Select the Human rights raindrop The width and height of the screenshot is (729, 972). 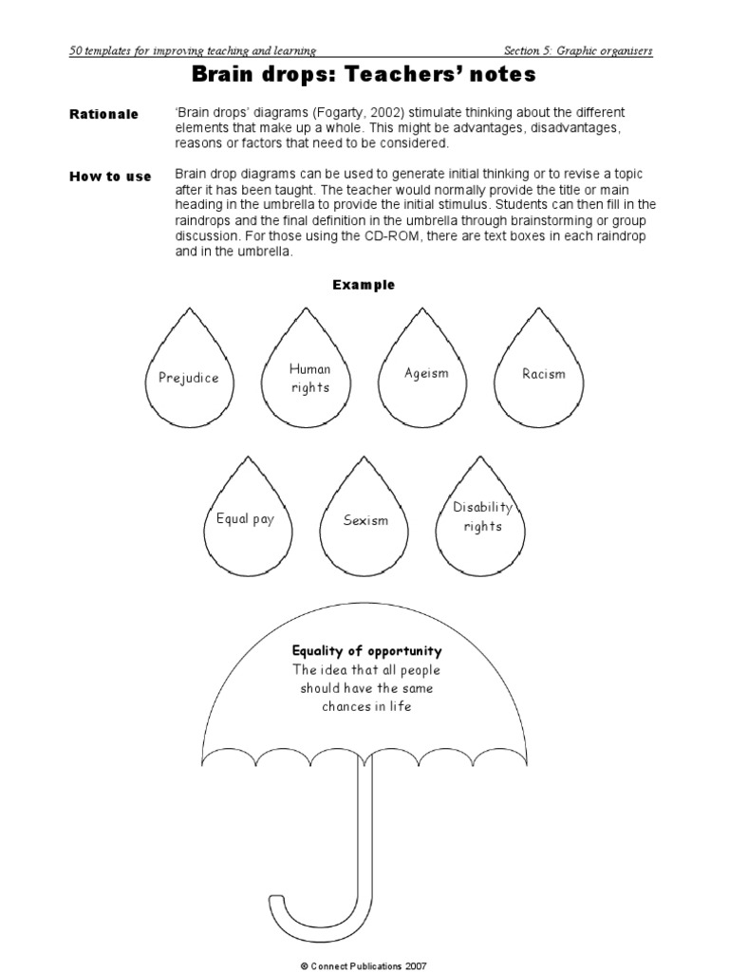tap(309, 377)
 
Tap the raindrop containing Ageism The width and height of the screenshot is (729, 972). tap(426, 373)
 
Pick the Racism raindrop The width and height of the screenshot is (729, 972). tap(544, 373)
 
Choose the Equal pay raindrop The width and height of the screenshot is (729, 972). tap(245, 519)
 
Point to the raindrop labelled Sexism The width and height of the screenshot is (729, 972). tap(365, 520)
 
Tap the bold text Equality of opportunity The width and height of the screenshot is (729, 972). tap(366, 651)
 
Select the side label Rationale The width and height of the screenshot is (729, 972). tap(103, 114)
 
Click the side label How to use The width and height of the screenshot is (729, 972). tap(110, 177)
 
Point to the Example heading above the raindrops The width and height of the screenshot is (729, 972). tap(364, 285)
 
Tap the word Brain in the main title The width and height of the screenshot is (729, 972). tap(225, 74)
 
